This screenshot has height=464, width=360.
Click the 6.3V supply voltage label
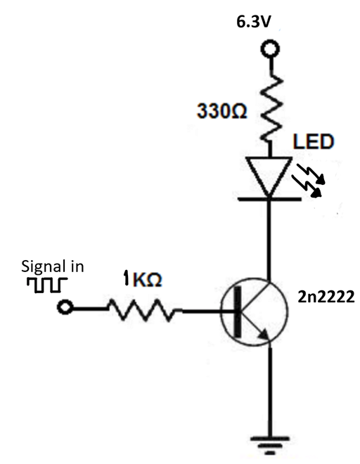(255, 22)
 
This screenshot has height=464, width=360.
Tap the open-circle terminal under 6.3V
(269, 49)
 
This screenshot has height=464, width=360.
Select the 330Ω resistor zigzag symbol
(269, 105)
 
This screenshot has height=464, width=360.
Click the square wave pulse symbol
(46, 285)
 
